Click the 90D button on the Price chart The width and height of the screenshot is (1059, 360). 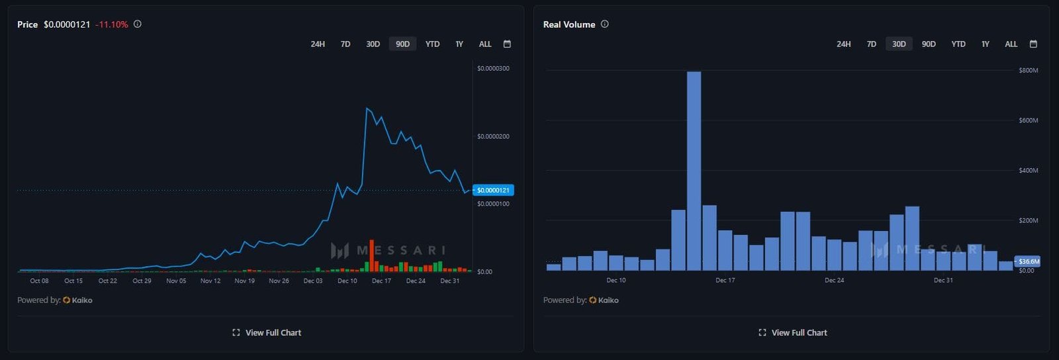(x=402, y=44)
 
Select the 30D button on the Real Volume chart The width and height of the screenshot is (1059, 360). (x=898, y=44)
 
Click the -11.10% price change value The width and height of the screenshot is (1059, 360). (x=112, y=24)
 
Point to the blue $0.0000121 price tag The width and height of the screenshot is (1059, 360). (x=493, y=191)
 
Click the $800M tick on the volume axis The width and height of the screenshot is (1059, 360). (x=1028, y=70)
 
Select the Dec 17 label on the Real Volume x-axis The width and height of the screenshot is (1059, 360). (x=725, y=281)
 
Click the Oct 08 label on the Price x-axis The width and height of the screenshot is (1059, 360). (x=39, y=281)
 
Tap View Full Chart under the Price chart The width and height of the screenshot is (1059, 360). (x=267, y=333)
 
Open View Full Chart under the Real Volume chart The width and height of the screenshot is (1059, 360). (x=793, y=333)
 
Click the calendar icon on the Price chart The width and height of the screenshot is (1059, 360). (x=507, y=44)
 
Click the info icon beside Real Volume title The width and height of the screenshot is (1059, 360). (x=604, y=24)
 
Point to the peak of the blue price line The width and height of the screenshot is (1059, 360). (x=367, y=108)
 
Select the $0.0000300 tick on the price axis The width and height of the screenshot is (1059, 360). (x=493, y=69)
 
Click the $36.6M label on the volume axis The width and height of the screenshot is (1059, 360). (x=1028, y=261)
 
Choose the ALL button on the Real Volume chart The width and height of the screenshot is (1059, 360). (x=1011, y=44)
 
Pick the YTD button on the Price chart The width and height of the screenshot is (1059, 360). (x=432, y=44)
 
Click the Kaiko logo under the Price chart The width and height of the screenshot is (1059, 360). (x=77, y=300)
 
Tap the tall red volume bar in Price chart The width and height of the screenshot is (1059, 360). (x=371, y=255)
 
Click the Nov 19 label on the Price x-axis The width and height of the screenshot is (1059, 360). (x=244, y=281)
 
